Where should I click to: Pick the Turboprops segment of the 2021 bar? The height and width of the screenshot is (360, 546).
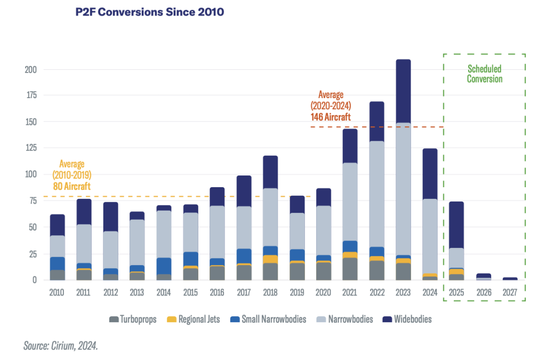click(x=350, y=269)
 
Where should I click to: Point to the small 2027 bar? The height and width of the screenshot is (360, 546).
click(x=510, y=278)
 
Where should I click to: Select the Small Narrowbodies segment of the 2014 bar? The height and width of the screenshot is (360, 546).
click(x=164, y=266)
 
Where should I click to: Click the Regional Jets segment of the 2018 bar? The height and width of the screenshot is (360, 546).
click(x=270, y=259)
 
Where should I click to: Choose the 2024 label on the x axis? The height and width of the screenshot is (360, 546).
click(x=430, y=292)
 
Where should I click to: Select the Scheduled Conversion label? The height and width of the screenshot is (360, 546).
click(x=485, y=74)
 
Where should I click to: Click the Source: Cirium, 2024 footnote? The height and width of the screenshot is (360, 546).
click(x=61, y=346)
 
